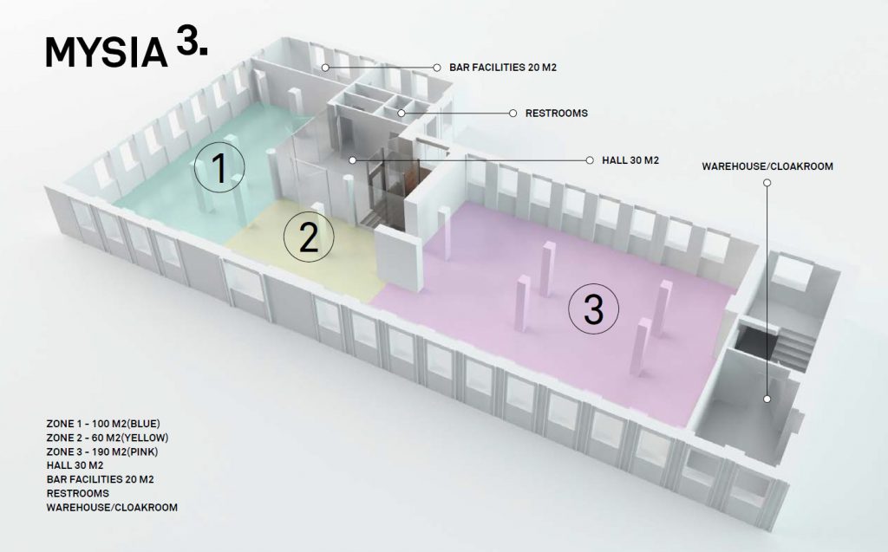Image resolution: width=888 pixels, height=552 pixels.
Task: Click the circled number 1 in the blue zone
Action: [219, 168]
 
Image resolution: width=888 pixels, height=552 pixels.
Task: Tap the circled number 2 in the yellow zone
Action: [309, 236]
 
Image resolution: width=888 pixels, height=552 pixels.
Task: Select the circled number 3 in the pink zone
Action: [593, 309]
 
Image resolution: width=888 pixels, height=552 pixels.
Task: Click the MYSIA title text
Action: [106, 53]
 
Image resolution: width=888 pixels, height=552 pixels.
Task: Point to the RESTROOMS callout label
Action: [557, 114]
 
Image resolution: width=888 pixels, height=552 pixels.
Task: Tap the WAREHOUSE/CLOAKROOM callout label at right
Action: [767, 166]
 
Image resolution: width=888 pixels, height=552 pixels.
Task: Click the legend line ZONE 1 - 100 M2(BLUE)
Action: [103, 424]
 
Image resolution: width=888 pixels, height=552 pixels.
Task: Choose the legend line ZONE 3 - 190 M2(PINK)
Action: [103, 451]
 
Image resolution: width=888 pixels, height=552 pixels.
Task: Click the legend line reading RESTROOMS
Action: [78, 493]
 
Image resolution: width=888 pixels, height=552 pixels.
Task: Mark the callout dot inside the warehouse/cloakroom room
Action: [767, 399]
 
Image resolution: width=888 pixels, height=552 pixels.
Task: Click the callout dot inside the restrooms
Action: [402, 113]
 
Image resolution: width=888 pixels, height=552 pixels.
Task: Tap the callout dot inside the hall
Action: [352, 160]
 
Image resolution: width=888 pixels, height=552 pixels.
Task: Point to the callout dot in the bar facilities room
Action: [325, 67]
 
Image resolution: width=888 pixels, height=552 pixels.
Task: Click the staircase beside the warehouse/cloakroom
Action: [791, 342]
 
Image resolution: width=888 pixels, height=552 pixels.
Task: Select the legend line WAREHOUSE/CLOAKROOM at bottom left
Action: [112, 507]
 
